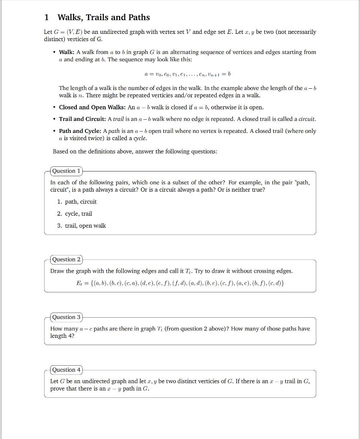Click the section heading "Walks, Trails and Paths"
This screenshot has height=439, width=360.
click(x=103, y=18)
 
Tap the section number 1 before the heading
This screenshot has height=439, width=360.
click(x=46, y=18)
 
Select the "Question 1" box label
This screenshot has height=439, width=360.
click(x=66, y=171)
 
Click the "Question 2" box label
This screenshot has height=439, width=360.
click(x=66, y=259)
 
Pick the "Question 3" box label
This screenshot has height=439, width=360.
click(x=66, y=317)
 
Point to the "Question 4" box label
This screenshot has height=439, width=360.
click(x=66, y=370)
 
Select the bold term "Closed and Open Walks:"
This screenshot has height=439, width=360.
click(x=92, y=107)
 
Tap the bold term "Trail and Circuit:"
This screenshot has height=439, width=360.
click(x=82, y=119)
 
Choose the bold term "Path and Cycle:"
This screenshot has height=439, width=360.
click(x=80, y=131)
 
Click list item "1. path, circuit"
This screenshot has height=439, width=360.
click(x=77, y=202)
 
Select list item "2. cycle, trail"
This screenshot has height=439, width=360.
click(x=75, y=214)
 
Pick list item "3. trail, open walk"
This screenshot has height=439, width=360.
click(x=82, y=226)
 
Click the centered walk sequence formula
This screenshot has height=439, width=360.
click(x=188, y=74)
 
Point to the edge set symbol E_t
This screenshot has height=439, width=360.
click(x=79, y=283)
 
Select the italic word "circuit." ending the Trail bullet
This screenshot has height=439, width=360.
click(x=306, y=119)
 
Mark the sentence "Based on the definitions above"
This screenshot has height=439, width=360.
click(x=135, y=152)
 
